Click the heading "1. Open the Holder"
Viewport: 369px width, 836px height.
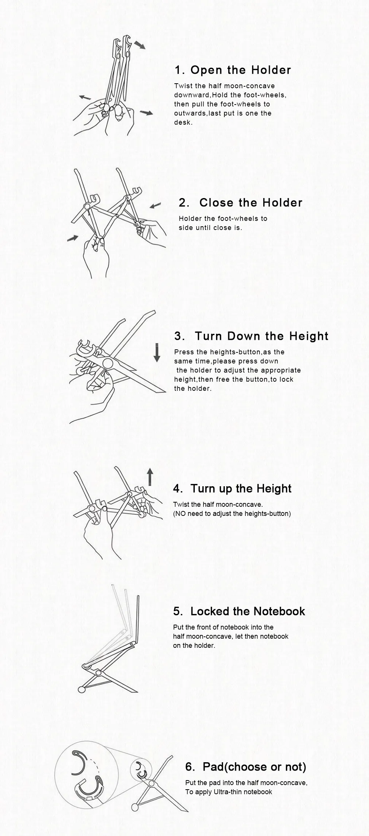click(x=233, y=70)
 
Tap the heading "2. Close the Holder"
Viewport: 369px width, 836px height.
click(x=240, y=203)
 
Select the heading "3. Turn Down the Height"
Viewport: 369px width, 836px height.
click(x=251, y=336)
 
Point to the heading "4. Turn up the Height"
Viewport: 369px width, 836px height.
click(x=232, y=489)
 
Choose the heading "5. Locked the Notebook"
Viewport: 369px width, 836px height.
click(x=239, y=611)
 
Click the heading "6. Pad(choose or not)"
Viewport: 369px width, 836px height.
click(x=246, y=767)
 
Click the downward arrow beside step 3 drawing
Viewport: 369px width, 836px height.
click(x=157, y=352)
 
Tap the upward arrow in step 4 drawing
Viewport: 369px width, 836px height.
click(x=150, y=477)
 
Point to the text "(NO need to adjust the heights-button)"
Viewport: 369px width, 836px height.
click(x=232, y=514)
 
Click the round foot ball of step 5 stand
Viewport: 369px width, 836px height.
click(x=81, y=690)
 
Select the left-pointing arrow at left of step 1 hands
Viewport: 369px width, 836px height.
click(x=85, y=97)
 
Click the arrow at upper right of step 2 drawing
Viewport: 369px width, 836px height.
click(x=155, y=206)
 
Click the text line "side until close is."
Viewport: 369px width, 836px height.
click(x=210, y=228)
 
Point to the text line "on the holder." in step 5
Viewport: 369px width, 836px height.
click(x=194, y=646)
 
